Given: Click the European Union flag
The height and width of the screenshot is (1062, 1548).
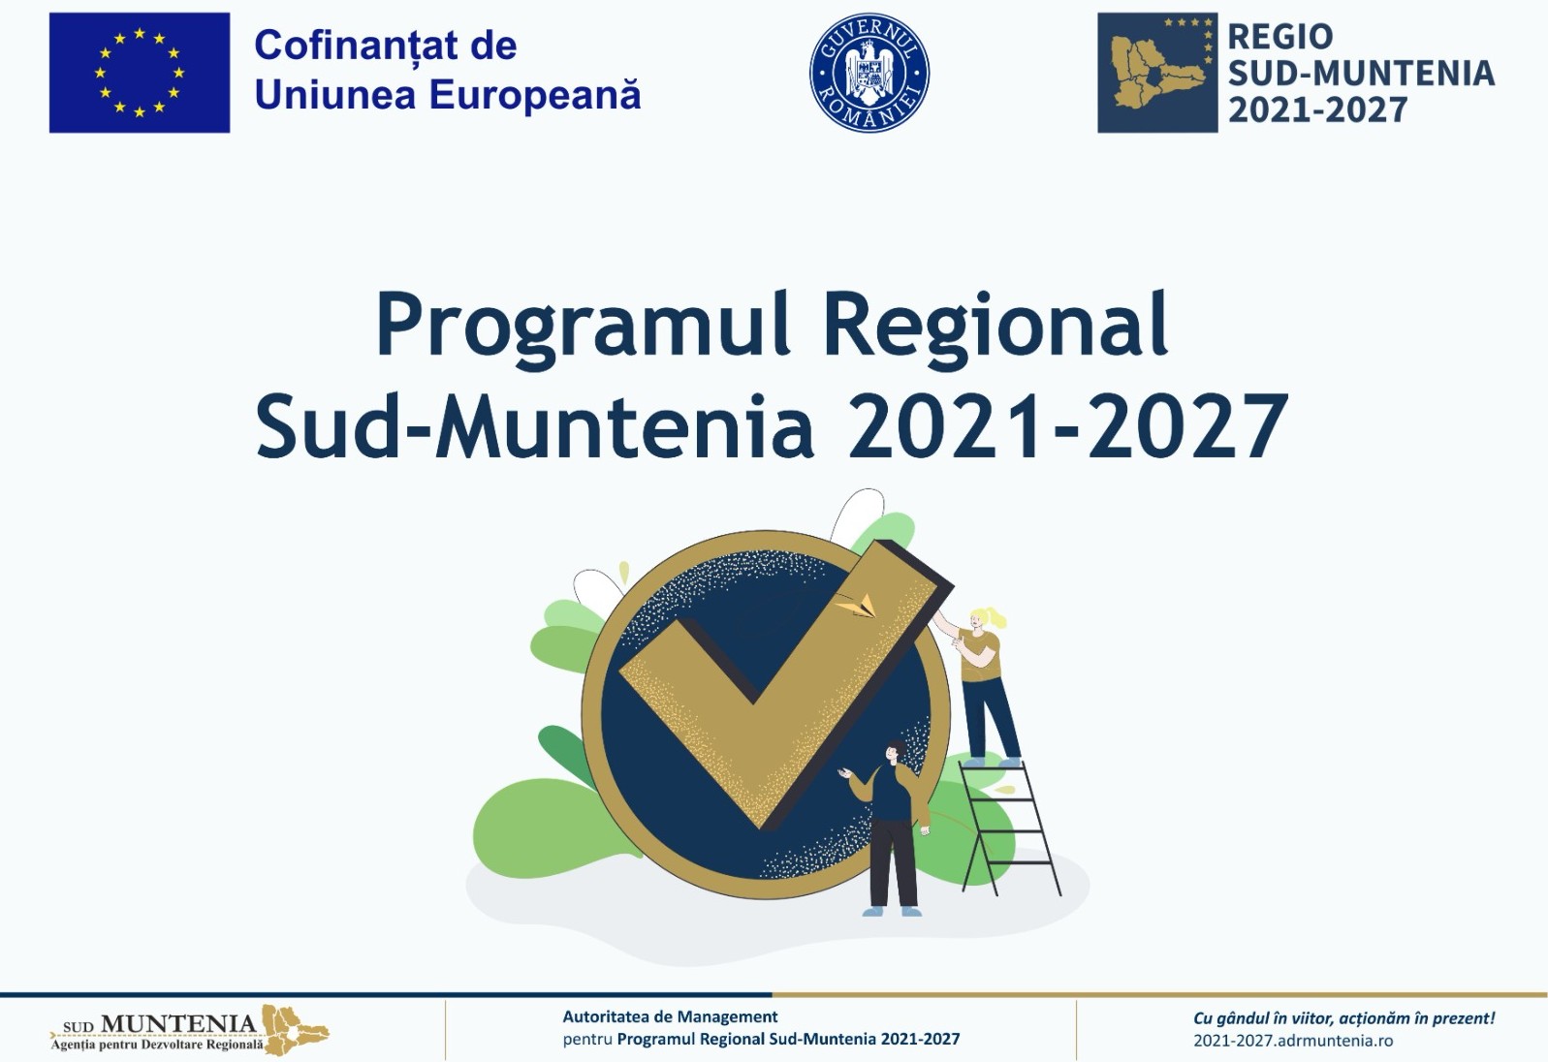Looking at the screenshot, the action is [x=140, y=73].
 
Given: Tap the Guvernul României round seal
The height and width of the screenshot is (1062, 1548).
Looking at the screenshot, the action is [x=869, y=73].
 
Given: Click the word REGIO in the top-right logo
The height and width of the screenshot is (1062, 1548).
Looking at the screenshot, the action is [x=1279, y=37].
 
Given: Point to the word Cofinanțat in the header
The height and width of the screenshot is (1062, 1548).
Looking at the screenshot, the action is [x=340, y=47].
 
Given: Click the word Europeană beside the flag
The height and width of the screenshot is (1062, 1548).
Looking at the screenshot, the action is [x=536, y=95].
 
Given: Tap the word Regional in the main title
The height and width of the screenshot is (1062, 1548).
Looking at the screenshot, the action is [x=995, y=324].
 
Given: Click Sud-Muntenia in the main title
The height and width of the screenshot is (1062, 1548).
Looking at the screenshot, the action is [x=535, y=425].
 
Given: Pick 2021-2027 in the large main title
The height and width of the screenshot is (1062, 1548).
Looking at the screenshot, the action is [x=1068, y=426].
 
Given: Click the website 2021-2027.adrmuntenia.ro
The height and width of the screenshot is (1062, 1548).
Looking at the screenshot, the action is [x=1293, y=1041].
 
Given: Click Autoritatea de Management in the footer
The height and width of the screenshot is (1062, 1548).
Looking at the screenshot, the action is [x=670, y=1016].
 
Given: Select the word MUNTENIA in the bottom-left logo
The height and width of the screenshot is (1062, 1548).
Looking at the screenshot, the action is [x=178, y=1023].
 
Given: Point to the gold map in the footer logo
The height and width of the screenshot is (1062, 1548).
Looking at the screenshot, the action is [x=295, y=1029].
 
